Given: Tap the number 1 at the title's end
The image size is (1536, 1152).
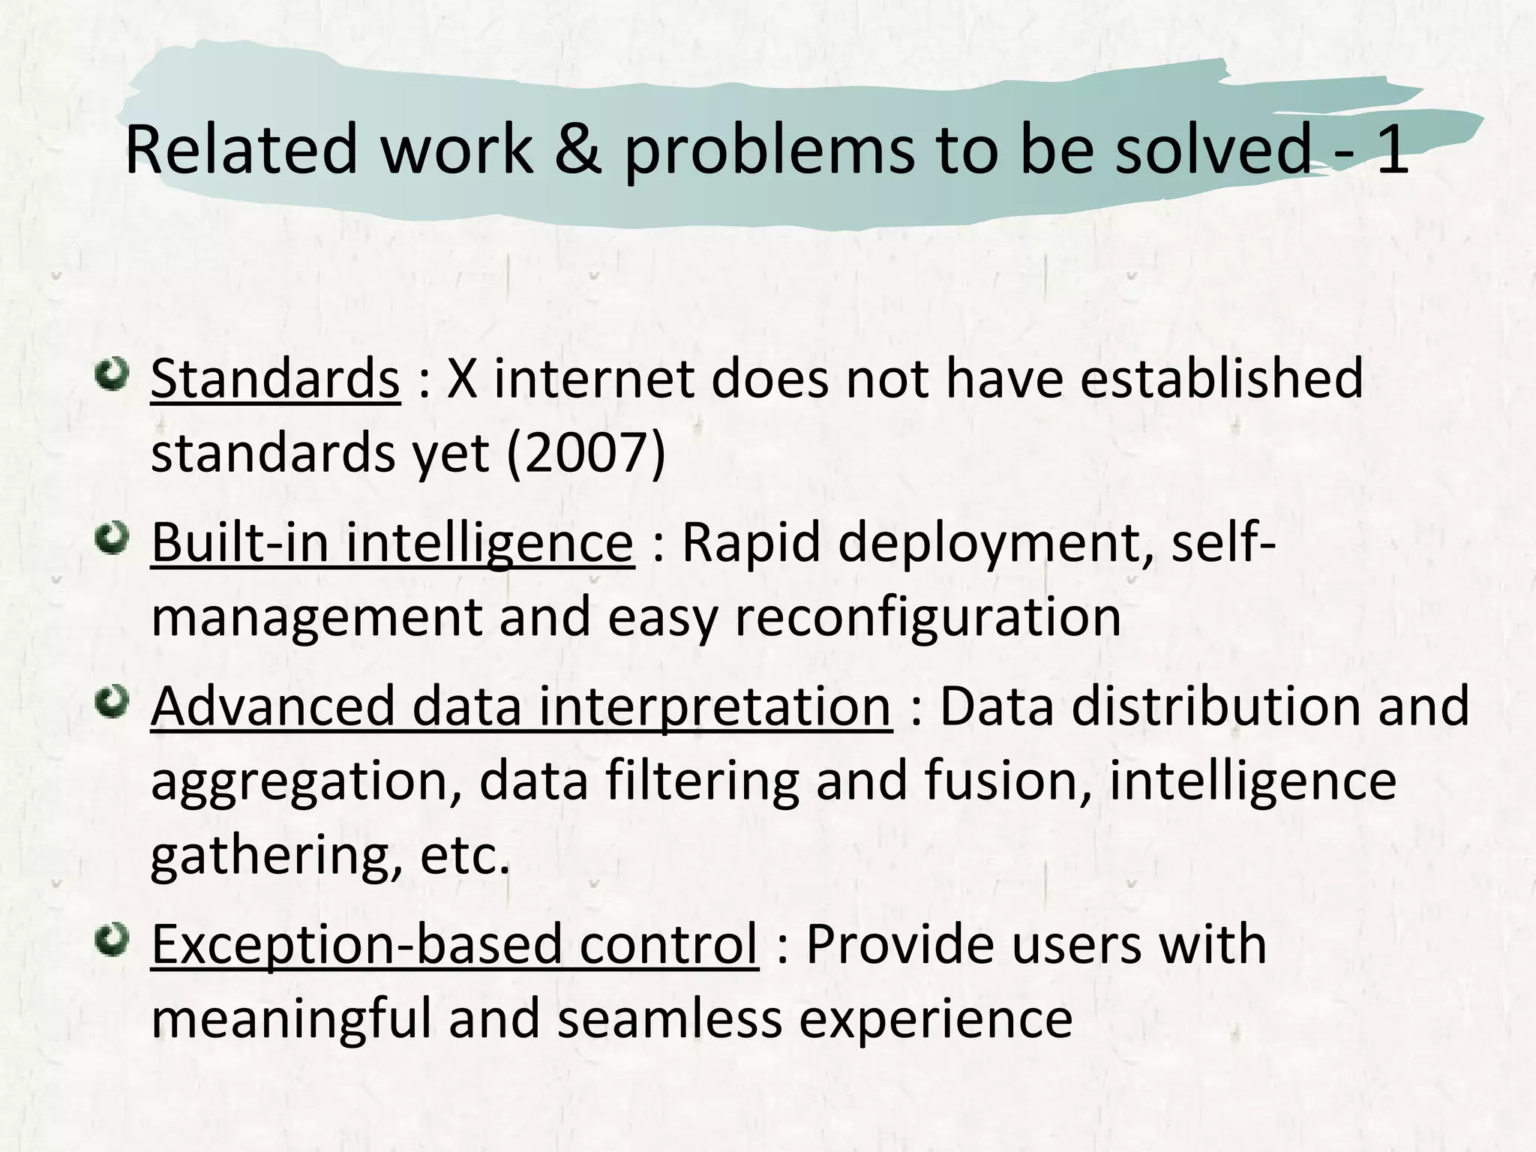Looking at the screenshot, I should pos(1391,150).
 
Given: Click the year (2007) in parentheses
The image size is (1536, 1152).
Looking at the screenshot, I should pos(586,453).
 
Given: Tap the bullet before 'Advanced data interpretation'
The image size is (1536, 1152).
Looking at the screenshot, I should pos(114,703).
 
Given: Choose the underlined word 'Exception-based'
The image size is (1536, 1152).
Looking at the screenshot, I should pos(356,943).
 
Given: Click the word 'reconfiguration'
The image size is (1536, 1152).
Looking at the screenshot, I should pos(928,617).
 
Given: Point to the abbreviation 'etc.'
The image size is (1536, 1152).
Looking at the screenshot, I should pos(465,856).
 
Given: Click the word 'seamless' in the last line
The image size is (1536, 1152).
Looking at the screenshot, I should pos(670,1018).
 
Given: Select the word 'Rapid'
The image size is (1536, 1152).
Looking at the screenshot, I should pos(751,542).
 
